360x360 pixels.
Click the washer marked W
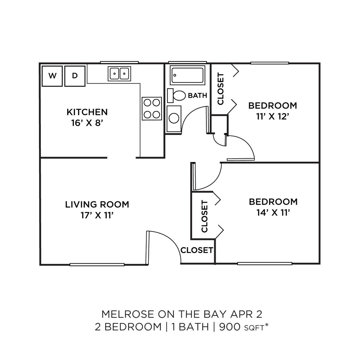(52, 76)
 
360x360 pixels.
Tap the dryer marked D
(75, 76)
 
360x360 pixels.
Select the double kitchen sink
(120, 74)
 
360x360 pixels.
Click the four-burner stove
(152, 108)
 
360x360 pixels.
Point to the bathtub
(187, 75)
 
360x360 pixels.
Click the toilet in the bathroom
(176, 96)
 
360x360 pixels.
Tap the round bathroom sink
(174, 119)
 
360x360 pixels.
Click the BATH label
(198, 96)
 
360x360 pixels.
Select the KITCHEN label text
(87, 112)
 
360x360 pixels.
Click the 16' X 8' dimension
(87, 123)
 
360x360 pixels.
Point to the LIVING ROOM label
(97, 204)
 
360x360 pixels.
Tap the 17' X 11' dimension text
(97, 216)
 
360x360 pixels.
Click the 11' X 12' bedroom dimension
(272, 117)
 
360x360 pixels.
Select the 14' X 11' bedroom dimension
(273, 213)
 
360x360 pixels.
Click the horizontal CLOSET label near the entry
(197, 250)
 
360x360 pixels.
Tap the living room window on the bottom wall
(97, 265)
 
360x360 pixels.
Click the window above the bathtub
(187, 62)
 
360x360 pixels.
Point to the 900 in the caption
(230, 327)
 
